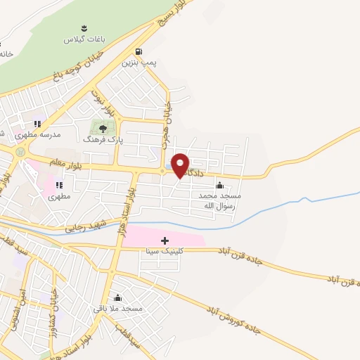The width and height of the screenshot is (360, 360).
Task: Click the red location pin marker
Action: click(181, 165)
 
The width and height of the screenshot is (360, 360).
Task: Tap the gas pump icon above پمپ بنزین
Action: click(139, 51)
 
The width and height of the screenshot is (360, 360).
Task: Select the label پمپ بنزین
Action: click(138, 63)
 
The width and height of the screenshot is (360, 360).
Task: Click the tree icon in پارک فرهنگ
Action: click(103, 128)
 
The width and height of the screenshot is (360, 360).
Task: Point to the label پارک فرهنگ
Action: click(103, 140)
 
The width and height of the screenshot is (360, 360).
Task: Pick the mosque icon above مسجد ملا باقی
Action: click(117, 297)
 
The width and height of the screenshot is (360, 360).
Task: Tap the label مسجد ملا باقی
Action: click(117, 308)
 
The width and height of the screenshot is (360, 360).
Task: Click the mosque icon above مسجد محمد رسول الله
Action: click(220, 186)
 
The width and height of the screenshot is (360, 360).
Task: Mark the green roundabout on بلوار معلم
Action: click(20, 151)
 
